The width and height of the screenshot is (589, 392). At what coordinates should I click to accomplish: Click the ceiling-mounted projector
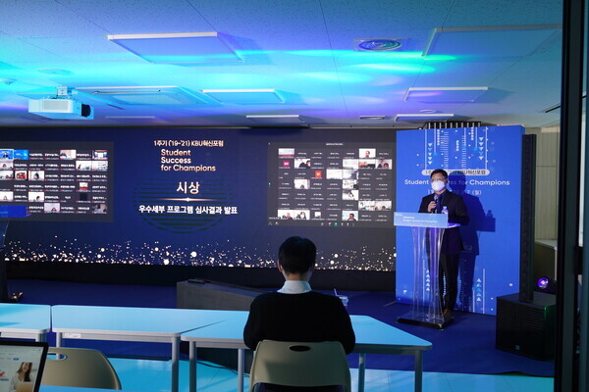point(59,107)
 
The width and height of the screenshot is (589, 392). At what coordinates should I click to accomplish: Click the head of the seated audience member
point(296,257)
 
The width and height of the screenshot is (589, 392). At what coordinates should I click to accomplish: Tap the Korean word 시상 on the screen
point(187,187)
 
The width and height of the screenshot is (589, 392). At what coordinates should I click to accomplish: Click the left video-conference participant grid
point(54,181)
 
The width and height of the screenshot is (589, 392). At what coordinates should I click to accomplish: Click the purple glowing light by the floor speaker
point(542,283)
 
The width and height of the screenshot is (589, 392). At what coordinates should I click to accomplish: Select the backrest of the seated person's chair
point(299,364)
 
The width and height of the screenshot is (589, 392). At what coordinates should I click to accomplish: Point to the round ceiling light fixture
point(379,44)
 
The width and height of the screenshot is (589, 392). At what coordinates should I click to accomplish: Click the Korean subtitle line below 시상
point(187,209)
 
